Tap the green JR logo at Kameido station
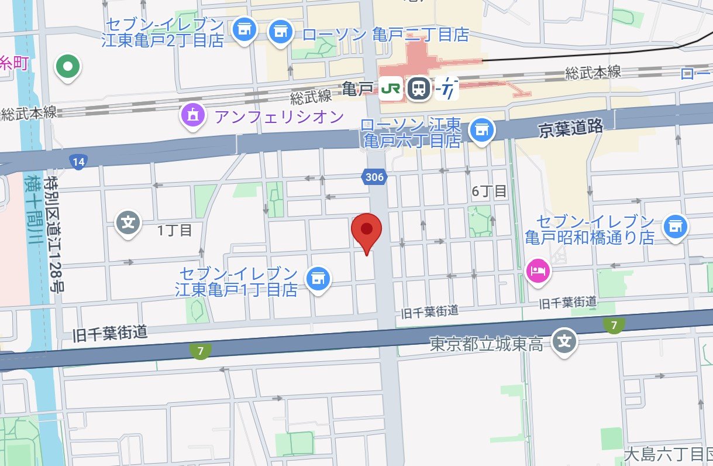coord(390,89)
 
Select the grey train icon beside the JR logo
coord(419,89)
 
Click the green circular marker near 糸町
coord(68,67)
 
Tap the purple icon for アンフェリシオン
coord(194,116)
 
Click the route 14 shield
coord(77,161)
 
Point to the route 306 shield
coord(374,177)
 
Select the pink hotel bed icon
coord(538,270)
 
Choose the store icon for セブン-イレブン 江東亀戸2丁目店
coord(243,30)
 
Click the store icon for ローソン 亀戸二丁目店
coord(281,31)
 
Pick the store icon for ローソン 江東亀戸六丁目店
coord(481,129)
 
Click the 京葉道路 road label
coord(570,128)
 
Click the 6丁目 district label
coord(490,191)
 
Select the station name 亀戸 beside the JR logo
coord(357,90)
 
